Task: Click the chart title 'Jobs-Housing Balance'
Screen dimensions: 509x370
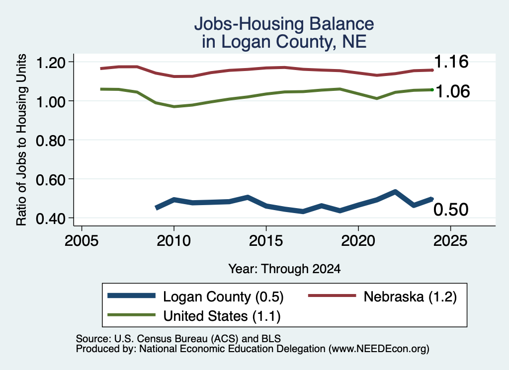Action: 284,24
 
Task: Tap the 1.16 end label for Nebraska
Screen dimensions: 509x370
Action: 451,61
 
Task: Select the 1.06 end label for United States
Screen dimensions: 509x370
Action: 452,91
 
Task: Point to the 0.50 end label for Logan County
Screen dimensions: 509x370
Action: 451,210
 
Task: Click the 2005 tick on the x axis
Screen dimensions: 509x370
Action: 82,240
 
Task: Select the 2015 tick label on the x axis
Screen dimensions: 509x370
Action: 266,240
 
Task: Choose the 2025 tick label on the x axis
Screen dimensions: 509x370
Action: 450,240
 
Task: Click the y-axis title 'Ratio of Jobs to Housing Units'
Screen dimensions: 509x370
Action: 21,140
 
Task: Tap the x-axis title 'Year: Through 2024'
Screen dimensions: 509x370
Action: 284,269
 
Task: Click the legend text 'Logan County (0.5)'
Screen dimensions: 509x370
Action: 223,296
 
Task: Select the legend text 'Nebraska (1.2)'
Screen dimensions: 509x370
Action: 410,296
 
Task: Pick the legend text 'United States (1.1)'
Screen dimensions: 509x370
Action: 222,316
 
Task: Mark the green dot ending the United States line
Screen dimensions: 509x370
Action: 432,90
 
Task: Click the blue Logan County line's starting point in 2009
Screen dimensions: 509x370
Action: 157,208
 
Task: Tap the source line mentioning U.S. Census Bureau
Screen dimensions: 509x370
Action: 178,339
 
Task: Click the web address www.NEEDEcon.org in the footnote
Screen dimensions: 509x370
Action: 379,349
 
